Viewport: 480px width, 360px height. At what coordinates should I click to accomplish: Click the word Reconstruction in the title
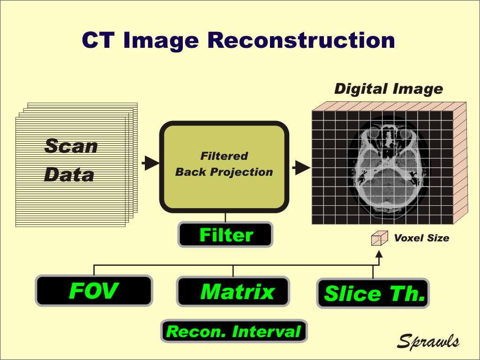(x=301, y=40)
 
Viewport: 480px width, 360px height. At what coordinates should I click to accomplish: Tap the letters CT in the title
(x=98, y=40)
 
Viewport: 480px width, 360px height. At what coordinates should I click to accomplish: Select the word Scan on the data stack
(x=71, y=146)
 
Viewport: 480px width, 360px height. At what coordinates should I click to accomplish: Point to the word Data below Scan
(x=69, y=174)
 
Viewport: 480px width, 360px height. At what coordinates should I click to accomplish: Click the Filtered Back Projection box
(x=224, y=167)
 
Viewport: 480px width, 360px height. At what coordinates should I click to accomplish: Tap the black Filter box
(x=225, y=235)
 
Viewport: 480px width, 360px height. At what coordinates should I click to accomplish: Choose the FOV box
(x=94, y=291)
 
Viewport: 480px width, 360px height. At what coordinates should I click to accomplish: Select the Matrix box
(x=233, y=292)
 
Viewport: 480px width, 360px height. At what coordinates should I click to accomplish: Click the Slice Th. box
(x=373, y=293)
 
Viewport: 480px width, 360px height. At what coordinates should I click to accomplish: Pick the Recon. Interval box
(x=234, y=331)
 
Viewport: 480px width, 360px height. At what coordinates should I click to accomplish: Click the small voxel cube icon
(x=380, y=238)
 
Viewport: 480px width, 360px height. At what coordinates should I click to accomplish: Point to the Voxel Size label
(x=421, y=238)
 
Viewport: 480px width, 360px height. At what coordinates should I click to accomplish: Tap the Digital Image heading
(x=389, y=89)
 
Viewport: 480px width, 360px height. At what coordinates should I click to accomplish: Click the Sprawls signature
(x=428, y=341)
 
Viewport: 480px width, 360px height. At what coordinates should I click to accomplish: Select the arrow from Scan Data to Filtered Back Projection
(x=150, y=163)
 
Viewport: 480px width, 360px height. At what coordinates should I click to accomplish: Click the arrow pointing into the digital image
(x=301, y=168)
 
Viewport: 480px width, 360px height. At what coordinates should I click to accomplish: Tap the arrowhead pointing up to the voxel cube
(x=379, y=254)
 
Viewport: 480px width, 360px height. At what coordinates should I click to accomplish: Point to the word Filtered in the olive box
(x=224, y=156)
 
